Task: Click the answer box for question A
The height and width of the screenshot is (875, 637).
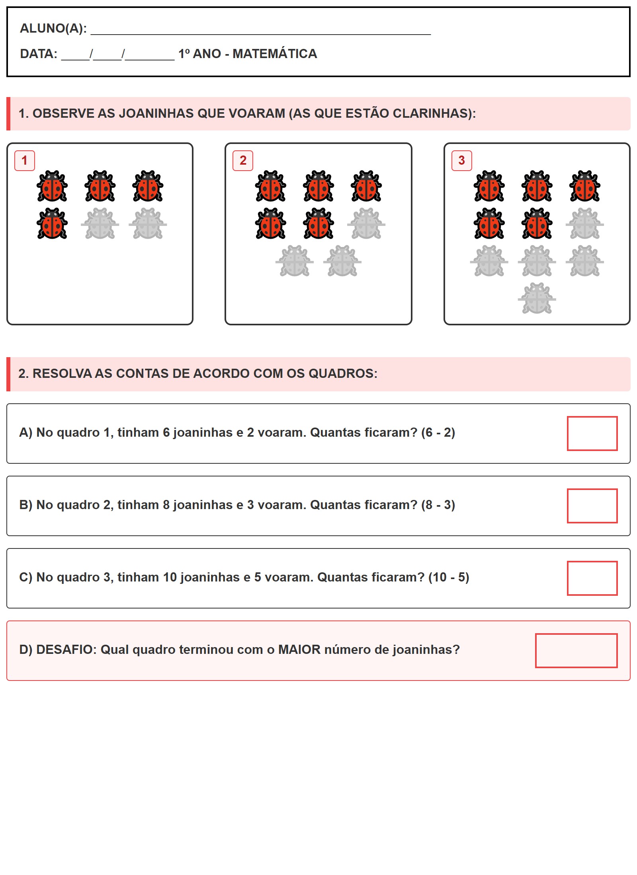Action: [x=592, y=433]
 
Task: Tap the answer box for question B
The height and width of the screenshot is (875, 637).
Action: [x=592, y=506]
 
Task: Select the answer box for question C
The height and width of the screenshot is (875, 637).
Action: [x=592, y=578]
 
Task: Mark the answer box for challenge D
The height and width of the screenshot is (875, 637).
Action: [x=576, y=650]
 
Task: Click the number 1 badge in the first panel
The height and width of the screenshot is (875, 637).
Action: [x=25, y=161]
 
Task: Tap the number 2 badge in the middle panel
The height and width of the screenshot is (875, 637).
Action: [x=243, y=161]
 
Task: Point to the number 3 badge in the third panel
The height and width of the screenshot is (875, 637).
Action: [x=461, y=161]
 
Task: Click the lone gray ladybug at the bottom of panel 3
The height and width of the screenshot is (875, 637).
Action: [x=537, y=299]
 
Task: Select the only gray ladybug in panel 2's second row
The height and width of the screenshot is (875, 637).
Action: [x=366, y=224]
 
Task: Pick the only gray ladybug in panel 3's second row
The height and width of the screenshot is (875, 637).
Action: [x=584, y=224]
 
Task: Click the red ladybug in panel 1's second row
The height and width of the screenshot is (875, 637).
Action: [x=52, y=224]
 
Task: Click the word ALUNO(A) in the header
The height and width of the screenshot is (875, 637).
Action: [x=53, y=28]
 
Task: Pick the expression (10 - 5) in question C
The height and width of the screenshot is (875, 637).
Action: [x=449, y=577]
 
